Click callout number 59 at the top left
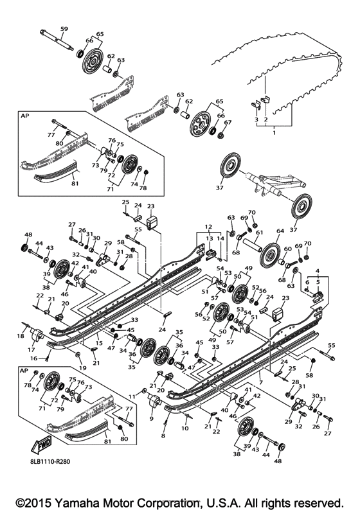(64, 29)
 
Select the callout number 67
(228, 123)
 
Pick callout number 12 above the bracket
(208, 227)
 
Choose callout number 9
(152, 418)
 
